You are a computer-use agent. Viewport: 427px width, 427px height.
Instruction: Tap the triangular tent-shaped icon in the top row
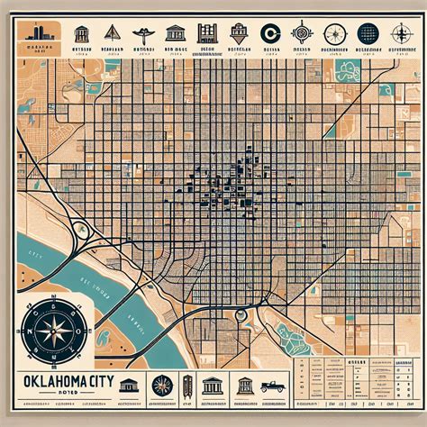(112, 33)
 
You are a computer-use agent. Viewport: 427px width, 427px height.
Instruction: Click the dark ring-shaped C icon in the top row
(268, 34)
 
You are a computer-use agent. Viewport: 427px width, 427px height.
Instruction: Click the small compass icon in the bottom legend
(163, 386)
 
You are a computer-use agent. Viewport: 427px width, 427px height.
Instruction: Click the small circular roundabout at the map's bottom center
(241, 314)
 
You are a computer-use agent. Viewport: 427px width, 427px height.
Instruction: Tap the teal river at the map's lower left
(54, 270)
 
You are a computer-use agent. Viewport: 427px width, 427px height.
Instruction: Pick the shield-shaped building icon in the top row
(239, 32)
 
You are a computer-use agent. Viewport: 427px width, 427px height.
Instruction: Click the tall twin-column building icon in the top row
(207, 33)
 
